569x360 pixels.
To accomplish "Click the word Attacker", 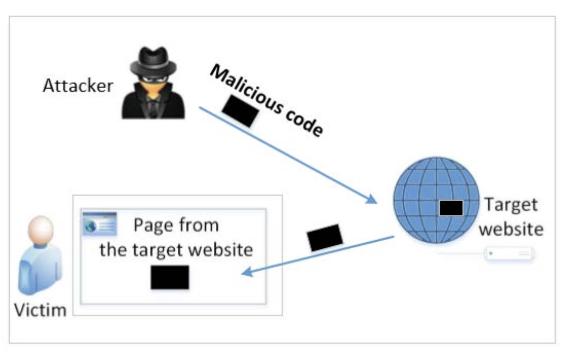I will [x=77, y=85].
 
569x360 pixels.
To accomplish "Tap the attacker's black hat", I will [x=153, y=61].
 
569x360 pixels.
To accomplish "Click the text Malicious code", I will [x=266, y=102].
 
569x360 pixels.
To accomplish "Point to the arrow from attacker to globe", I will [x=288, y=155].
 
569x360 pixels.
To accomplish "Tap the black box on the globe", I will [x=451, y=207].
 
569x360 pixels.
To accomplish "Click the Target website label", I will [x=511, y=217].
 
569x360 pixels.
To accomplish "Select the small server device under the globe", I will [x=509, y=253].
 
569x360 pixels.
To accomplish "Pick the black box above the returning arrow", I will [x=325, y=237].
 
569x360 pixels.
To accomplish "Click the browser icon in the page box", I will [x=100, y=223].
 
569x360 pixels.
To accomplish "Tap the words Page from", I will [x=176, y=225].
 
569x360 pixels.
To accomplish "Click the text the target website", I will [x=176, y=249].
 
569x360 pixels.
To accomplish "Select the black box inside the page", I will [x=170, y=277].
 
